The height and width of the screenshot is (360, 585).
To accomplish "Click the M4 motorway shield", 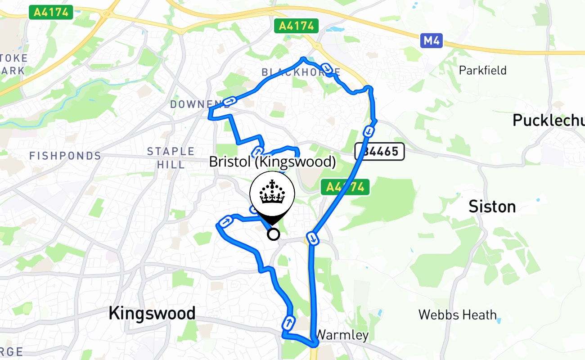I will pyautogui.click(x=432, y=41).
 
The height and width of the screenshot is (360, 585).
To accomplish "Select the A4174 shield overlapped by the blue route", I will pyautogui.click(x=345, y=187).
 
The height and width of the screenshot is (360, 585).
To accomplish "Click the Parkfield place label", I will pyautogui.click(x=482, y=70).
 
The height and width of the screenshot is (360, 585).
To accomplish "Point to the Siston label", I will pyautogui.click(x=492, y=207).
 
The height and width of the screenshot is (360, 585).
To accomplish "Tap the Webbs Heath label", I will pyautogui.click(x=457, y=315).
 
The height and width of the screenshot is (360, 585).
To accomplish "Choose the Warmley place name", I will pyautogui.click(x=342, y=335).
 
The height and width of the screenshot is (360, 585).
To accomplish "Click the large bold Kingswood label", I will pyautogui.click(x=152, y=313).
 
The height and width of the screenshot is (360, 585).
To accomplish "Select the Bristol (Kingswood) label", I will pyautogui.click(x=272, y=162).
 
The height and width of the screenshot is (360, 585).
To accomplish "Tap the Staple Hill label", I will pyautogui.click(x=171, y=157).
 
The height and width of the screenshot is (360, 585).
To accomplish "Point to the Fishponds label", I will pyautogui.click(x=65, y=156).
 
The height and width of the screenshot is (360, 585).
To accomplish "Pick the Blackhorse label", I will pyautogui.click(x=301, y=72).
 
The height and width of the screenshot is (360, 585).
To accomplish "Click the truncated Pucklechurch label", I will pyautogui.click(x=548, y=120).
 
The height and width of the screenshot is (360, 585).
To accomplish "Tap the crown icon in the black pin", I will pyautogui.click(x=272, y=193).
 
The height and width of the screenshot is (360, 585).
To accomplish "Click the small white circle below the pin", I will pyautogui.click(x=273, y=234).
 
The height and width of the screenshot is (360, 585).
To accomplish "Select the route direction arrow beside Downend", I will pyautogui.click(x=229, y=101).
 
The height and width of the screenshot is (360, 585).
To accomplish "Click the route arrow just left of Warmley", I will pyautogui.click(x=288, y=322).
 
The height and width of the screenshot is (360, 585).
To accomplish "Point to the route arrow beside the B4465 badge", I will pyautogui.click(x=368, y=131).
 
